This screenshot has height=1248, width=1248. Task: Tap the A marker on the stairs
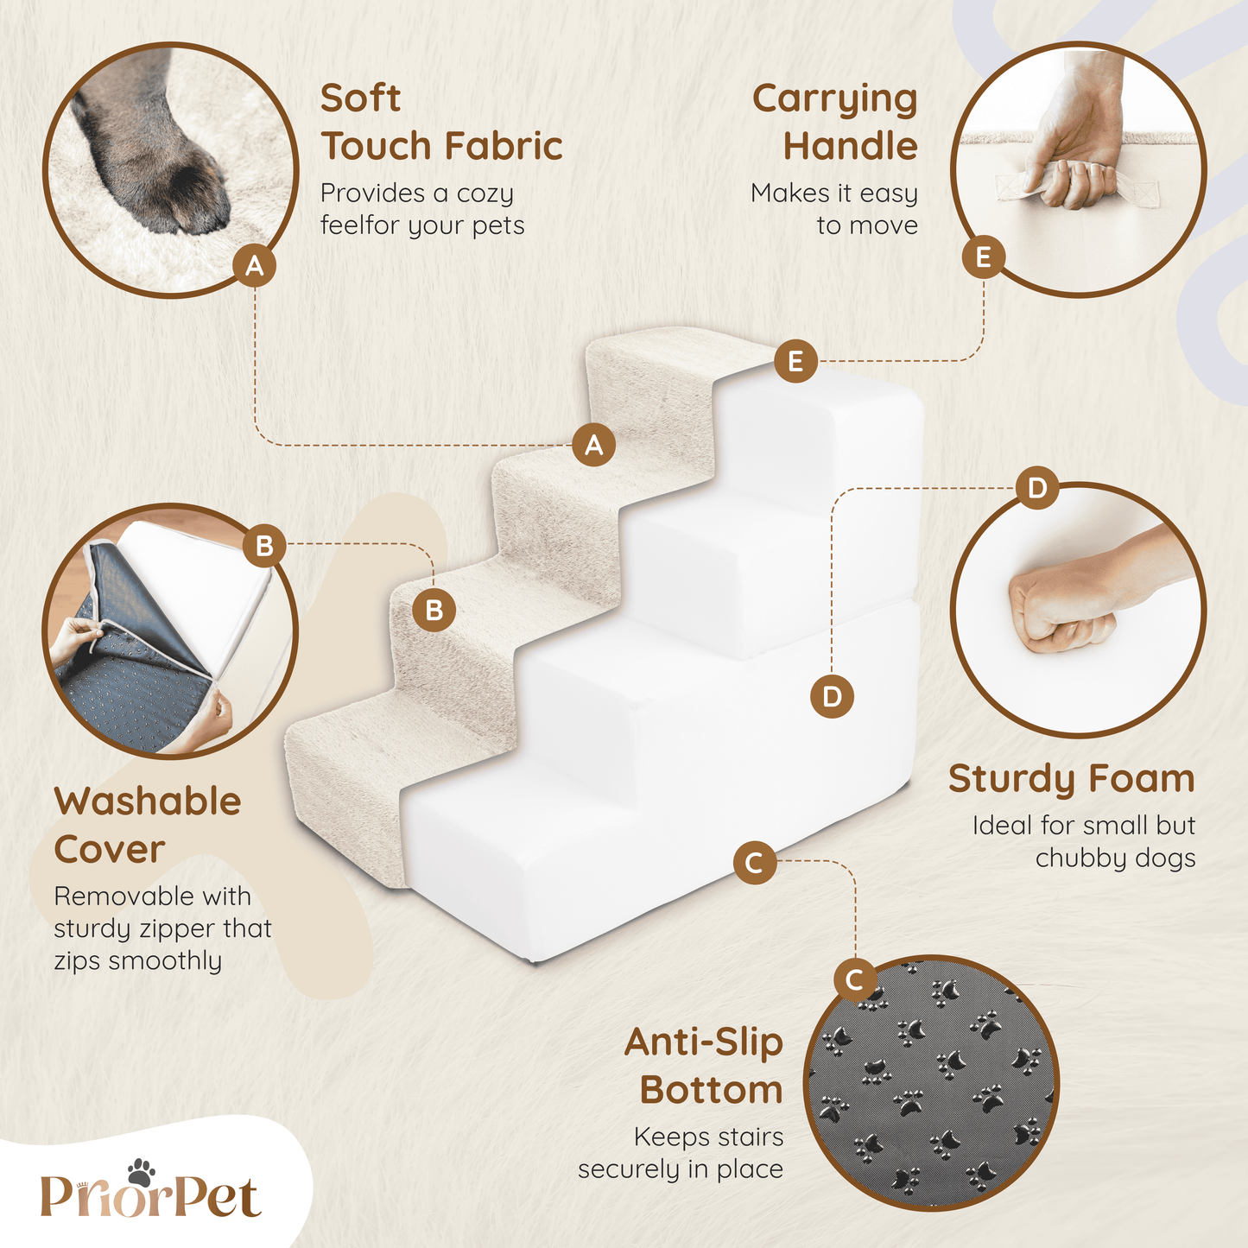click(594, 445)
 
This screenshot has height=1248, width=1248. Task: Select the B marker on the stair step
click(434, 610)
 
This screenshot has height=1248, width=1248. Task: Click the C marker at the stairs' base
click(755, 863)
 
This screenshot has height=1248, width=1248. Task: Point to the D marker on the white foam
click(832, 697)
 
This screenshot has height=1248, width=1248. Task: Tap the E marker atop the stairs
click(795, 361)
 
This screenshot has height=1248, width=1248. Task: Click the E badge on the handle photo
click(983, 257)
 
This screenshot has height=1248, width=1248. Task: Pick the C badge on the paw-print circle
click(855, 980)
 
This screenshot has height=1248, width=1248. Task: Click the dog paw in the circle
click(152, 146)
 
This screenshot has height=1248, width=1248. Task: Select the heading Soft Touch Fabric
click(441, 122)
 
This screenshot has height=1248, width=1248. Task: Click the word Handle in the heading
click(850, 146)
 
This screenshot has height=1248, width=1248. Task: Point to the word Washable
click(148, 801)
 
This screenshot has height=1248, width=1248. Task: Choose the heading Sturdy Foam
click(1072, 778)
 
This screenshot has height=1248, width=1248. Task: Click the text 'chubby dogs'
click(1115, 858)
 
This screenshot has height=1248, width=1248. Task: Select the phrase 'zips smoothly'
click(138, 960)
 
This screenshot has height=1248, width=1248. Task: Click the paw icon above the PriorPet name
click(141, 1172)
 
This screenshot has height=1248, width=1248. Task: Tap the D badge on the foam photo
click(1037, 488)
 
